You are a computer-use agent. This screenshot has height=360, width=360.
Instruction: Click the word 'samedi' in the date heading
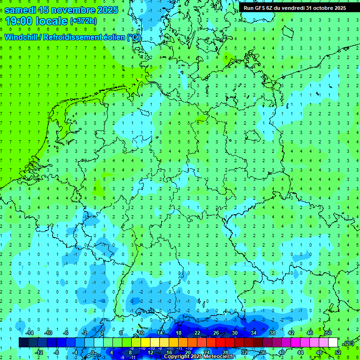click(x=20, y=10)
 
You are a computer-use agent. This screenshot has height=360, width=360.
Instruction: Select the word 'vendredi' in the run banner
click(x=291, y=8)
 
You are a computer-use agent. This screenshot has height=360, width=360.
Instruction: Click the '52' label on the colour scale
click(x=337, y=352)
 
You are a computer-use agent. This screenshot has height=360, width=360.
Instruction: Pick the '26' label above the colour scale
click(x=216, y=333)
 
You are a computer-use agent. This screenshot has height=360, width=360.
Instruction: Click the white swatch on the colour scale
click(x=333, y=343)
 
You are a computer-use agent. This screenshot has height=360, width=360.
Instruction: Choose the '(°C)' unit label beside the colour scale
click(x=349, y=343)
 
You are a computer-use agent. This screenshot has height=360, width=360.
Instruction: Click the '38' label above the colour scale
click(x=272, y=333)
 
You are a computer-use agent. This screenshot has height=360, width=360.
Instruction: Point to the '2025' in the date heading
click(x=107, y=10)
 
